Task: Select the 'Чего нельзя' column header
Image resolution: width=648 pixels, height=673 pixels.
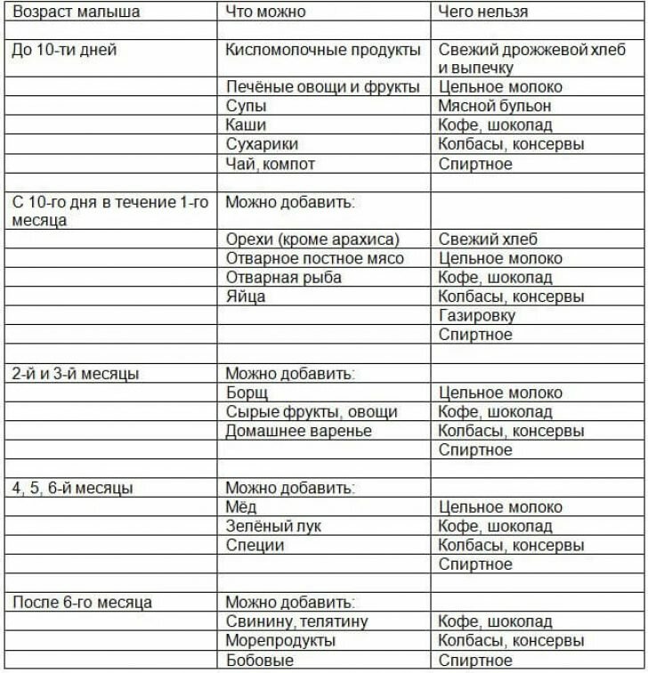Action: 483,12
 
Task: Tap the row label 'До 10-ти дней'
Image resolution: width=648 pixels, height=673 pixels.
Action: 64,50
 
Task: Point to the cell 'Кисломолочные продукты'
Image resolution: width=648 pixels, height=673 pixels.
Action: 322,50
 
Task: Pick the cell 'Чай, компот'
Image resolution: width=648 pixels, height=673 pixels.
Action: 271,164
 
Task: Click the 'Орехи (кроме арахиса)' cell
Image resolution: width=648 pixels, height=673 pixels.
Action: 312,239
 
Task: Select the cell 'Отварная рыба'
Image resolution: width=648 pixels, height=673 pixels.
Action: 283,277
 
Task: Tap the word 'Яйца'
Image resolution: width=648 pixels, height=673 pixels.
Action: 246,296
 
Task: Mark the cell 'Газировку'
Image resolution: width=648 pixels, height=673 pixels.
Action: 477,315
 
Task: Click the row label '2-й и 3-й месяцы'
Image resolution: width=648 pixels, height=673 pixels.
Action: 76,373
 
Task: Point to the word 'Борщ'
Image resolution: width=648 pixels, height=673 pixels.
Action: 247,393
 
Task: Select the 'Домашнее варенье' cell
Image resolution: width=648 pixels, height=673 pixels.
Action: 298,431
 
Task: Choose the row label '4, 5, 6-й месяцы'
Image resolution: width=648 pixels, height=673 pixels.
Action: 73,488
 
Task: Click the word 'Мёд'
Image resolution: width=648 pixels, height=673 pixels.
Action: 241,507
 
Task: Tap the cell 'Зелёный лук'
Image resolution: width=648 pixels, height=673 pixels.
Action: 273,526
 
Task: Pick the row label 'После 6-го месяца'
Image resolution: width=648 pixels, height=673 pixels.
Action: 82,602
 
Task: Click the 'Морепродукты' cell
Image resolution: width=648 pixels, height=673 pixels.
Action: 280,641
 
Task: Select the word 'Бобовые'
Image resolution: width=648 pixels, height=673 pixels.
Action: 259,661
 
